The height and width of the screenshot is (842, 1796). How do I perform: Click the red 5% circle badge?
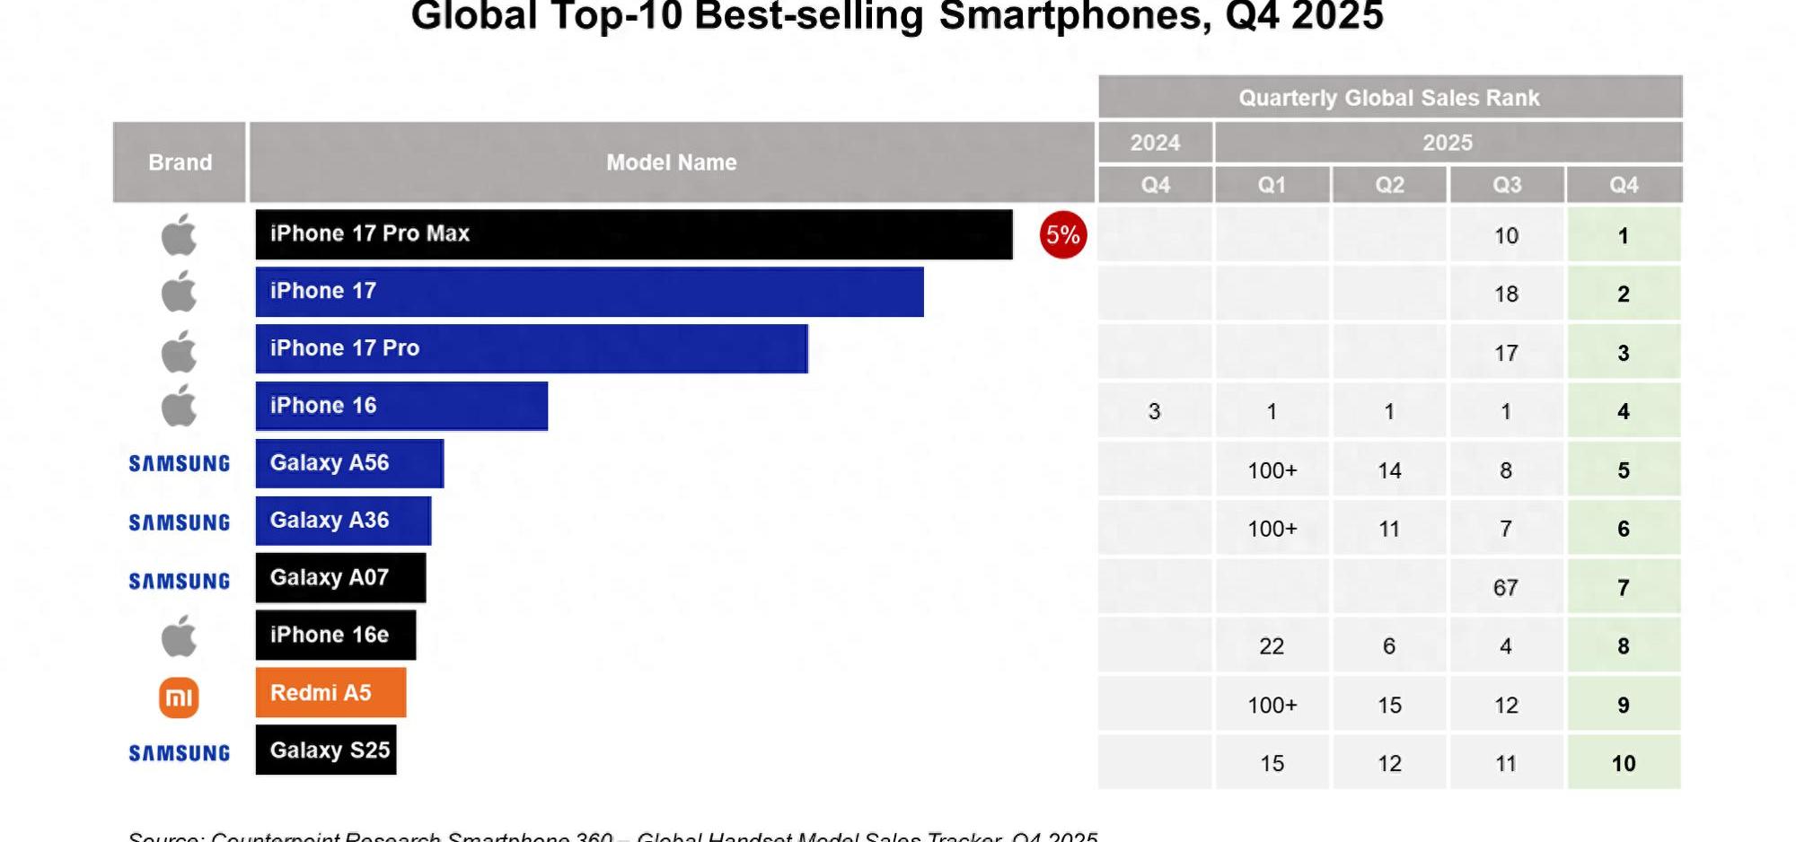pos(1063,235)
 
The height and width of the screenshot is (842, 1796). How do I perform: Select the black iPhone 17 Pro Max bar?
pos(633,234)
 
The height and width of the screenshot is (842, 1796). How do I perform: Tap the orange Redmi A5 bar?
pos(330,692)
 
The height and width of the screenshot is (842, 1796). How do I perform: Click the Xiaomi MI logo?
pos(179,697)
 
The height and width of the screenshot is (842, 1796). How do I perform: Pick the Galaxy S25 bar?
pos(326,750)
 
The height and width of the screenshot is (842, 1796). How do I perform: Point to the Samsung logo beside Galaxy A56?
pos(179,463)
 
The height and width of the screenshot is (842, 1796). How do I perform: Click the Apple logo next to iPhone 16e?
pos(179,636)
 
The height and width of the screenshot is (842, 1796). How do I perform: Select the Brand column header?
pos(180,162)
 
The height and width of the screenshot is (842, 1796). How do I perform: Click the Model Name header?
pos(671,162)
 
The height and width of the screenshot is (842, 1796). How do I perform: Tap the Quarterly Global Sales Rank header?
pos(1389,97)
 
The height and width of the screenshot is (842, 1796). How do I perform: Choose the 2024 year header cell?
pos(1155,142)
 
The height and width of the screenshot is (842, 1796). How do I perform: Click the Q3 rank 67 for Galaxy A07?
pos(1506,588)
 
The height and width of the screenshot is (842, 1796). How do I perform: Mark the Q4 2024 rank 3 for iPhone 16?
pos(1155,411)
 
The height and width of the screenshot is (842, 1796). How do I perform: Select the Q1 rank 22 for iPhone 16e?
pos(1272,646)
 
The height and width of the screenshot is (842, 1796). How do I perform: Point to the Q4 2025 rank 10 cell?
pos(1624,763)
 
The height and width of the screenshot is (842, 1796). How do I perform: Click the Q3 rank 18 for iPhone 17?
pos(1506,294)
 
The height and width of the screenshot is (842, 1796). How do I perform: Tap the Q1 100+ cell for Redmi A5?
pos(1272,705)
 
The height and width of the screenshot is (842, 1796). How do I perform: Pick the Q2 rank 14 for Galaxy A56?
pos(1389,470)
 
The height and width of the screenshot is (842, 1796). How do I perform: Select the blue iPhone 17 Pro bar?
pos(532,348)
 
